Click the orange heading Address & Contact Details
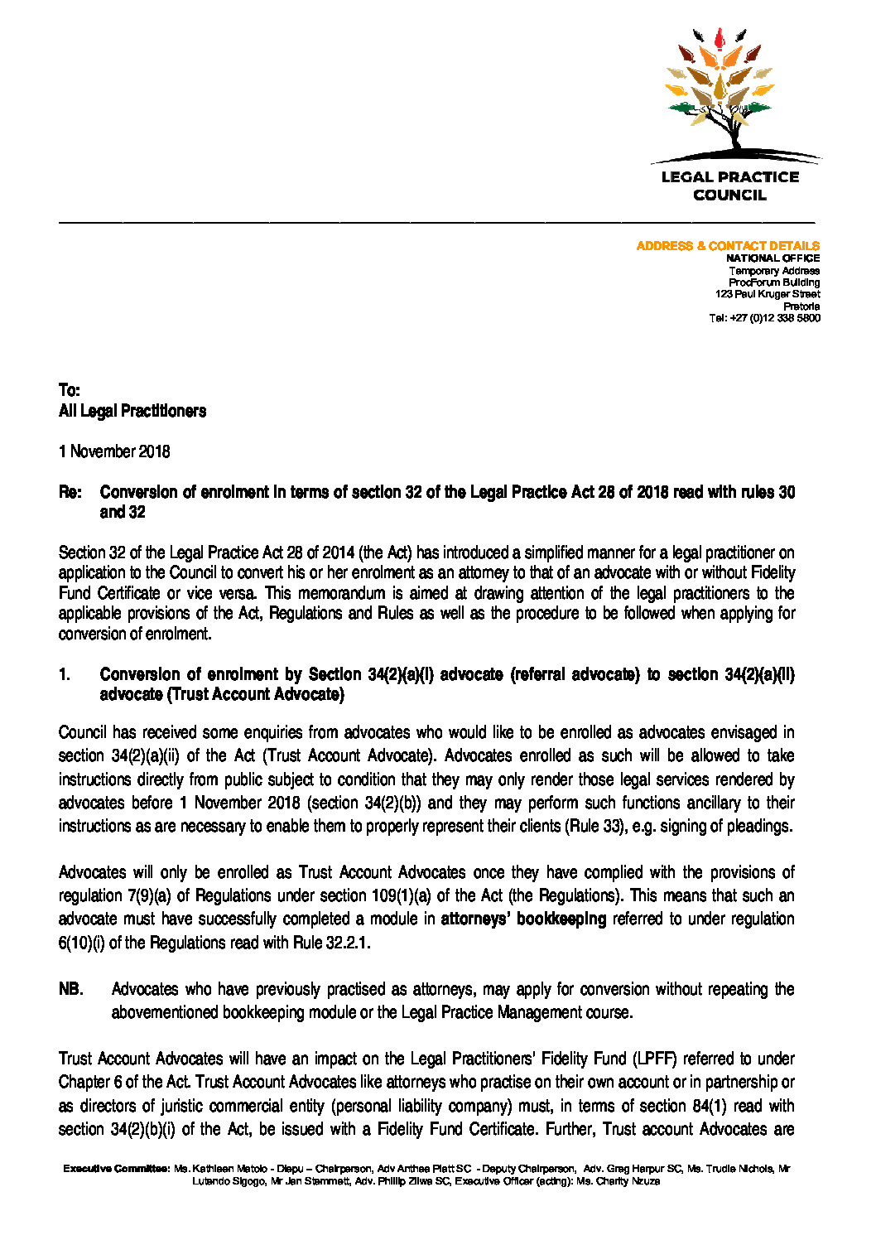(728, 246)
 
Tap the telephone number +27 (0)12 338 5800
(764, 318)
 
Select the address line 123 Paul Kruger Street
(768, 294)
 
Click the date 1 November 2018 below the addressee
(114, 451)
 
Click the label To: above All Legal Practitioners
(70, 390)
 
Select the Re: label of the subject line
(70, 492)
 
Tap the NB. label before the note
(71, 989)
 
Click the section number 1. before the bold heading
(65, 674)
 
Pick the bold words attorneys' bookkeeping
(523, 919)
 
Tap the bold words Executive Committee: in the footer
(116, 1169)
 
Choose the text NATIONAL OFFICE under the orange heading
(773, 258)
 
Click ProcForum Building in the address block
(774, 282)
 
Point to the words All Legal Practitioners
(132, 411)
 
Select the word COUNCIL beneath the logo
(729, 195)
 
